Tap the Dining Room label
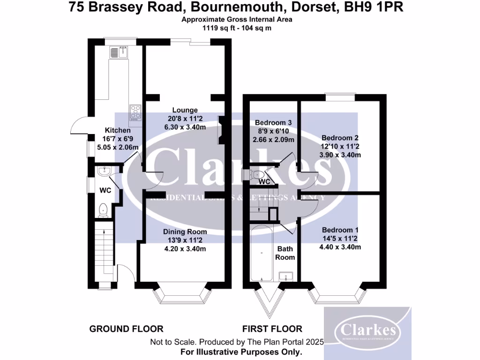[185, 232]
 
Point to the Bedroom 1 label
[340, 230]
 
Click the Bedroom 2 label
[340, 138]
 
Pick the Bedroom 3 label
[273, 123]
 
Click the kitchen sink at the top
[120, 52]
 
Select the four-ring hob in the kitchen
[135, 112]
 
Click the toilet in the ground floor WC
[104, 210]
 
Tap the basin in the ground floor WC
[104, 172]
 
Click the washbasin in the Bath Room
[285, 276]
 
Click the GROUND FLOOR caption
[127, 329]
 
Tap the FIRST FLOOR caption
[272, 329]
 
